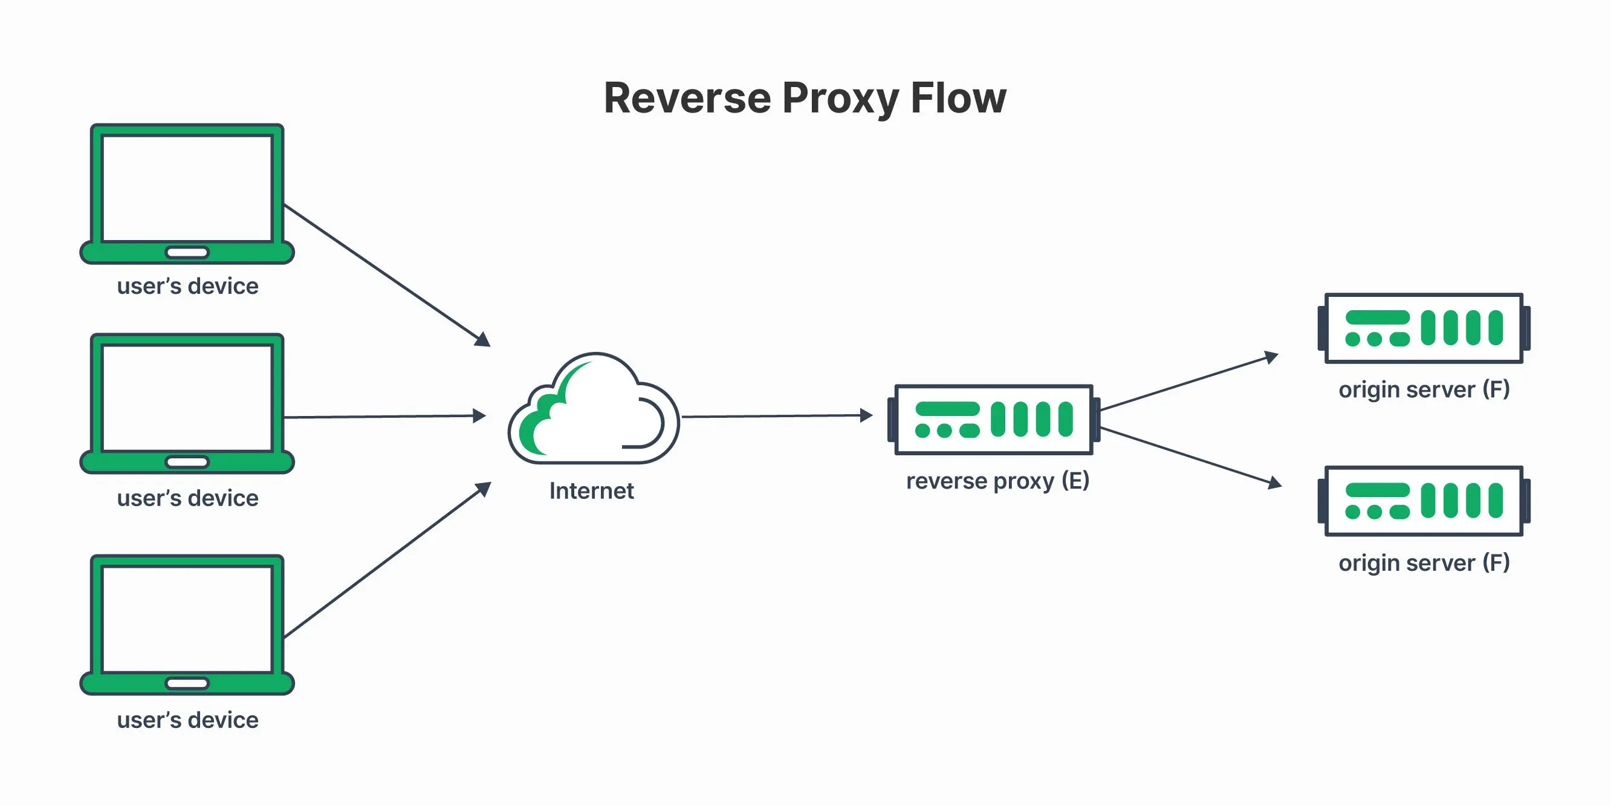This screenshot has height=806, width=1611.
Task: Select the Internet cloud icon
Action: tap(594, 408)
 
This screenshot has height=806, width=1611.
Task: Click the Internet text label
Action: tap(592, 490)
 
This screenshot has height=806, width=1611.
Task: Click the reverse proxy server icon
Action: tap(994, 419)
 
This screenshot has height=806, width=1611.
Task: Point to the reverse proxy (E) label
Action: tap(997, 481)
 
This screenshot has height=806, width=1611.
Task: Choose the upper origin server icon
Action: tap(1424, 328)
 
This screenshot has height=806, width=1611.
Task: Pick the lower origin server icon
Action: tap(1424, 501)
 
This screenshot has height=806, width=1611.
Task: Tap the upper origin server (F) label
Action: tap(1424, 389)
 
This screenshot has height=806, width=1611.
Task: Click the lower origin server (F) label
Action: tap(1424, 562)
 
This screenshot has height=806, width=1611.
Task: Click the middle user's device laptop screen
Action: tap(187, 398)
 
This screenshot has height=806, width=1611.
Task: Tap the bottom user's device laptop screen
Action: tap(187, 620)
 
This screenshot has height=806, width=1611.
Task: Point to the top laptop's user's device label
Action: tap(187, 286)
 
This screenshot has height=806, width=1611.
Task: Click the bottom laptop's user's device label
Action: tap(187, 720)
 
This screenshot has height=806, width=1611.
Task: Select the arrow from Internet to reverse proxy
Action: tap(777, 415)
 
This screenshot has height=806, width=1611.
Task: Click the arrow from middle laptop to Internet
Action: tap(385, 416)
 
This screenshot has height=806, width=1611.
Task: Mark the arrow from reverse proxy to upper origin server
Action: tap(1189, 382)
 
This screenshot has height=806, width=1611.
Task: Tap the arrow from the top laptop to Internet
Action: tap(387, 275)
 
